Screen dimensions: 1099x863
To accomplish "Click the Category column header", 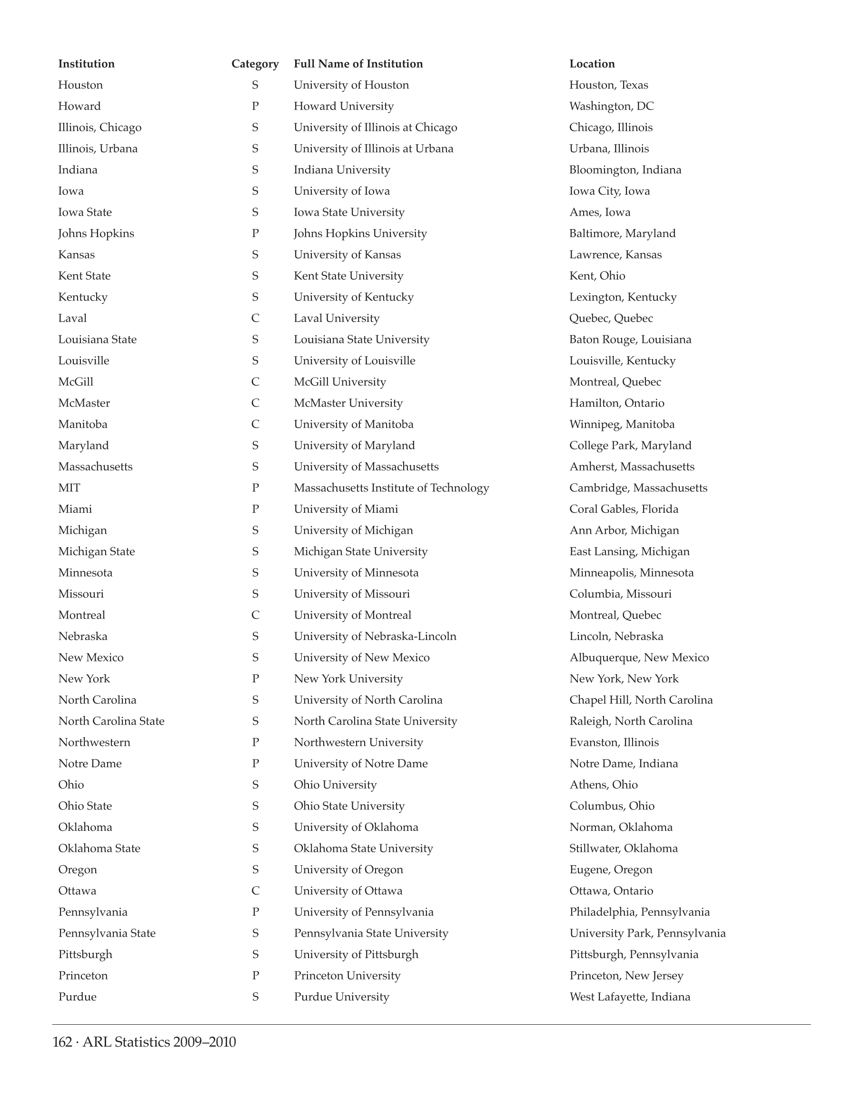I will point(255,64).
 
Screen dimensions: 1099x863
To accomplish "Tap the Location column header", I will point(592,64).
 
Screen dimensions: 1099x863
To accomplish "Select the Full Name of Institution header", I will point(358,64).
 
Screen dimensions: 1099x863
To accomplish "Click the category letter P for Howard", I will point(255,106).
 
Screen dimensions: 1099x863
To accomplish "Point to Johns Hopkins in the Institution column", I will point(96,233).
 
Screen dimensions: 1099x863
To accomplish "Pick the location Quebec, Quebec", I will point(611,319).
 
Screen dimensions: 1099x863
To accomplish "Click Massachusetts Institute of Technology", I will point(391,488).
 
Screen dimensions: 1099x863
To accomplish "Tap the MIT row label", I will point(69,488).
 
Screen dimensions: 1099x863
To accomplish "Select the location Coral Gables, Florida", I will point(624,509).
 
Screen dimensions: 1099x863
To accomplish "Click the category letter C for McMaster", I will point(255,403).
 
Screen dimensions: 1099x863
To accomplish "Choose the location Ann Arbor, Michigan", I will point(624,530).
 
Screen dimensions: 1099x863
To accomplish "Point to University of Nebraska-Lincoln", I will point(375,637).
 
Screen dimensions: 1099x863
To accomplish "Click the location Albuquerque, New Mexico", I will point(639,658).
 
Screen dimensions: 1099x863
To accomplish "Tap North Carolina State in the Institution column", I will point(111,721).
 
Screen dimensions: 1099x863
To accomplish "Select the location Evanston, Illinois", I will point(614,743).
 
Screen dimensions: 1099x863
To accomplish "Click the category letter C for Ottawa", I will point(255,891).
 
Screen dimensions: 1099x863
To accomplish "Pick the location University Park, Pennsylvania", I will point(647,933).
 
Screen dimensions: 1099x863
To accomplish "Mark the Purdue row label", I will point(77,997).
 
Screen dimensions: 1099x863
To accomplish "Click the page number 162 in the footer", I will point(62,1042).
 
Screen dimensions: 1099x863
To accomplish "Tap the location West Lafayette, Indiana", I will point(630,997).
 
